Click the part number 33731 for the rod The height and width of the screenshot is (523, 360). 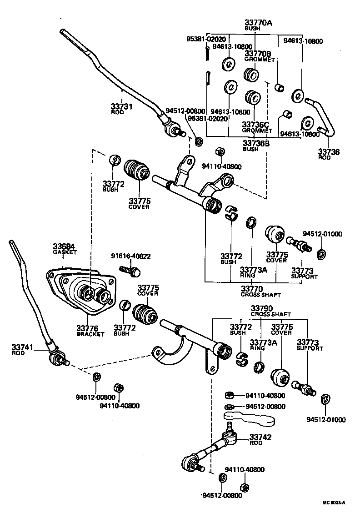coord(121,106)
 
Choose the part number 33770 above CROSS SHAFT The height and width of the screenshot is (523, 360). coord(251,288)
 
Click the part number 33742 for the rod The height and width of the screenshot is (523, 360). coord(260,437)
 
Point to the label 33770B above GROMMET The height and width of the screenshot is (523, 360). coord(257,53)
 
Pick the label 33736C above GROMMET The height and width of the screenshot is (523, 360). coord(255,124)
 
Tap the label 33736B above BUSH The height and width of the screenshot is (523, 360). coord(255,143)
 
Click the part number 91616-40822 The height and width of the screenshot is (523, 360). coord(130,256)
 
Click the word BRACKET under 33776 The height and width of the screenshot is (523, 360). coord(90,334)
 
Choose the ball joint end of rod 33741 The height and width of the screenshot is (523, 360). coord(57,358)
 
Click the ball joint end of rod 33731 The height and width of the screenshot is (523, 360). coord(173,130)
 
